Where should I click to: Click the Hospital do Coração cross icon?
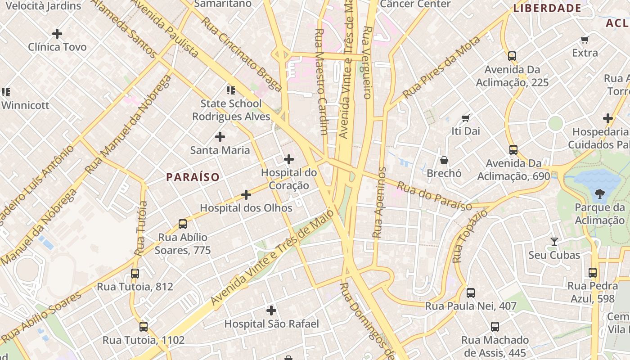coord(289,159)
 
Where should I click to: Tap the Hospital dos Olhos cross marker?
coord(246,195)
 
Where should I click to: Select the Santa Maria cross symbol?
coord(220,137)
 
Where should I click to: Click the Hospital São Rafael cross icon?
coord(271,310)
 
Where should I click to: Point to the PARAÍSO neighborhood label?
coord(193,177)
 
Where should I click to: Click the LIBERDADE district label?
coord(548,8)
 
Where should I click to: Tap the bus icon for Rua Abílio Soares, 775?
coord(183,224)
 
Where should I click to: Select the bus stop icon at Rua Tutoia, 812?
coord(135,274)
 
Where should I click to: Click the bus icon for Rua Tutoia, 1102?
coord(144,327)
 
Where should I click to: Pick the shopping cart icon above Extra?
coord(585,40)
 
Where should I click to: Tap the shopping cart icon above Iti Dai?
coord(466,118)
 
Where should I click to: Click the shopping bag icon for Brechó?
coord(444,160)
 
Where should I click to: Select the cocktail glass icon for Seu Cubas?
coord(554,242)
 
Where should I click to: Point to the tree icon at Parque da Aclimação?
coord(599,194)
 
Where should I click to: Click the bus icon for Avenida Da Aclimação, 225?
coord(512,56)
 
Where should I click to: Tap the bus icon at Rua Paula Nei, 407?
coord(471,293)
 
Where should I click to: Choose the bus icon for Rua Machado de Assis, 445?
coord(495,327)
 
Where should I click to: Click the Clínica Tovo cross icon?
coord(57,34)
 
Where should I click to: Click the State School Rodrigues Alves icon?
coord(231,90)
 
